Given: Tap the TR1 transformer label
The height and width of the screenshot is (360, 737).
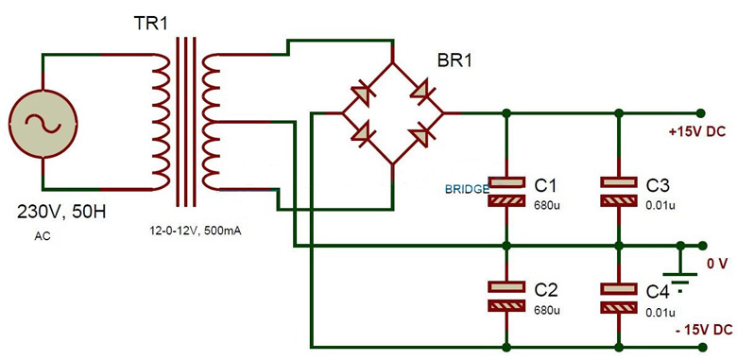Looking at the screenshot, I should click(149, 24).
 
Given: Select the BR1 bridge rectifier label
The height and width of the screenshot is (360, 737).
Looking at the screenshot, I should click(454, 63).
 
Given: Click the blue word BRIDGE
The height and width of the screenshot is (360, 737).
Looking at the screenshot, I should click(467, 190).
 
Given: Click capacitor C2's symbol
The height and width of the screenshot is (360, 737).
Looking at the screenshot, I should click(507, 296).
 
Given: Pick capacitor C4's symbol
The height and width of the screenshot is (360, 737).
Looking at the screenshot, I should click(619, 298).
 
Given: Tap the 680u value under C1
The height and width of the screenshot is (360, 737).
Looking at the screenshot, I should click(547, 203).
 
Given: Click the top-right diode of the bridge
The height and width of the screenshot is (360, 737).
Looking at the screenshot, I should click(417, 90).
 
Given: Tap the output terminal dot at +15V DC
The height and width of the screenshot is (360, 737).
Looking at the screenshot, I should click(701, 112).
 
